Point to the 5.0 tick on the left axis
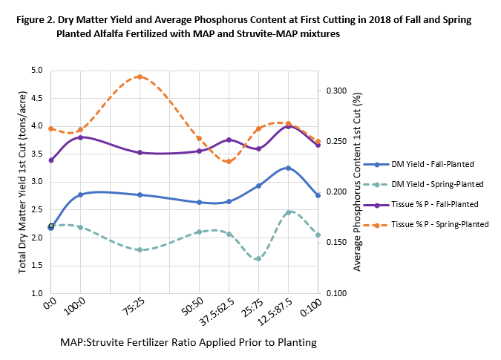click(36, 71)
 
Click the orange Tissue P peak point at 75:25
click(140, 76)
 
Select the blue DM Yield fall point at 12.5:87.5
click(288, 168)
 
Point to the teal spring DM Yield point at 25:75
click(258, 259)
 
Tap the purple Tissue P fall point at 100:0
click(80, 137)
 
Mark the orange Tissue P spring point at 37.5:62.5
click(229, 162)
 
